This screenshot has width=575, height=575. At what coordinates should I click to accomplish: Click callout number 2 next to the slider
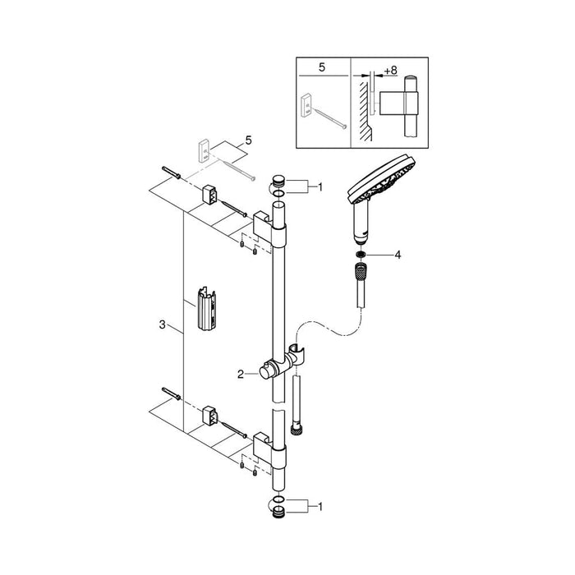[x=241, y=374]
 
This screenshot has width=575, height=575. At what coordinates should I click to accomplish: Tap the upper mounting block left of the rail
[x=209, y=196]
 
